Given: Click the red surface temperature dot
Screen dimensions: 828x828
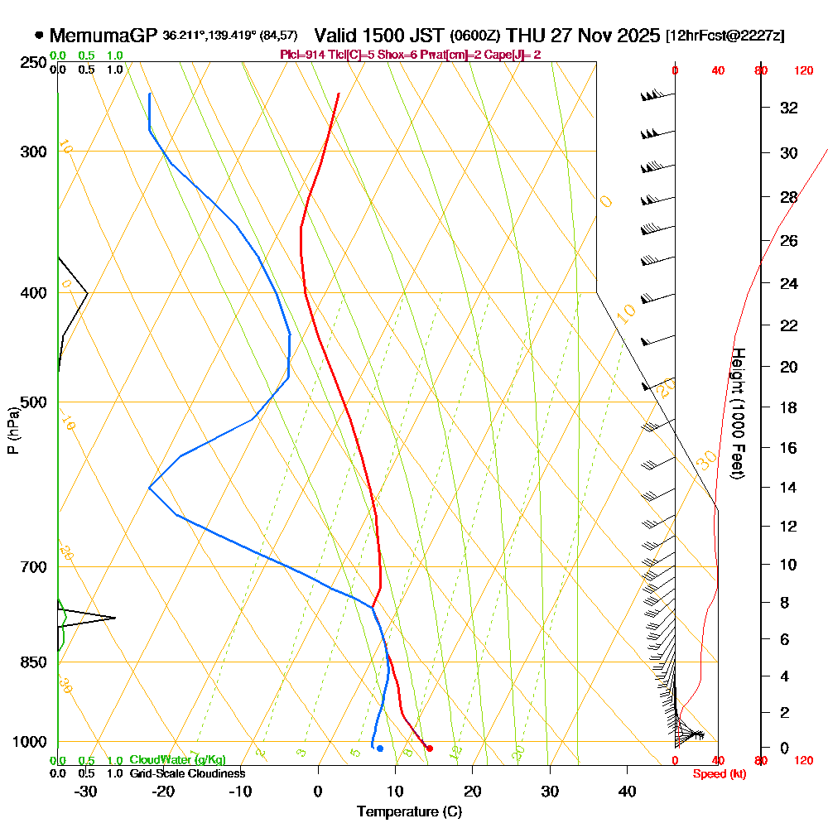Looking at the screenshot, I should (429, 749).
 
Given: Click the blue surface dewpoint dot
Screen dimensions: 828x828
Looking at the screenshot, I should (379, 749).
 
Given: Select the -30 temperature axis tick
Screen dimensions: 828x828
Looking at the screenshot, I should (86, 791).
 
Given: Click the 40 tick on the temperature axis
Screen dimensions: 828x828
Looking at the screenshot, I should (627, 791).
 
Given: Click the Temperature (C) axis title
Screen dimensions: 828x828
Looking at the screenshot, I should (409, 811).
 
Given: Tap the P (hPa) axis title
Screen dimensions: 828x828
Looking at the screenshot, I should (12, 431).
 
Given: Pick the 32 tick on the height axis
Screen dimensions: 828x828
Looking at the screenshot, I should (789, 108).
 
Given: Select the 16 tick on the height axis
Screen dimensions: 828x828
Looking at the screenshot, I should (789, 448).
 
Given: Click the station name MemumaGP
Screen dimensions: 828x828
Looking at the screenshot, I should (103, 36).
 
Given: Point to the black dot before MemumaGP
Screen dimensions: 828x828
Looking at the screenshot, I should (39, 36).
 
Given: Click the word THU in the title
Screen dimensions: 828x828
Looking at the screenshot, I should (524, 36).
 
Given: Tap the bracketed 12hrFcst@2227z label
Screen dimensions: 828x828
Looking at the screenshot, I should (725, 36).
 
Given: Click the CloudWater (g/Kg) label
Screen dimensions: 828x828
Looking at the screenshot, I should (177, 760).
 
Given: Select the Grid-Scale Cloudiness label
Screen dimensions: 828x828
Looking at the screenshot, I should (186, 773).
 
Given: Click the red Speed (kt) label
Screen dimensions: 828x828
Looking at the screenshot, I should (717, 773).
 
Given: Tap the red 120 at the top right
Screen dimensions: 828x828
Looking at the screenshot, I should (803, 71).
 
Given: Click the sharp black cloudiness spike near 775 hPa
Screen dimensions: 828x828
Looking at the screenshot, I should (113, 618).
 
